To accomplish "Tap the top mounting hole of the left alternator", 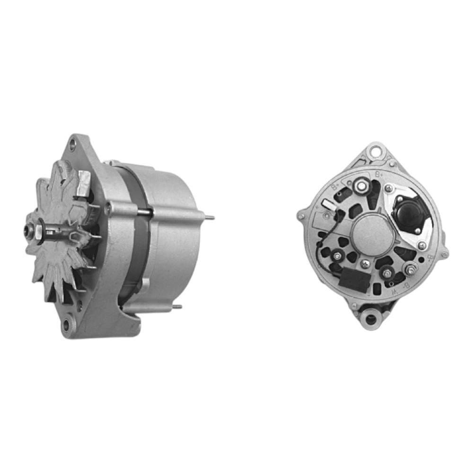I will click(x=72, y=144).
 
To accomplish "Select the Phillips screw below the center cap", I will click(x=364, y=264).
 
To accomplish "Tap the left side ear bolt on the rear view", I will click(x=301, y=216).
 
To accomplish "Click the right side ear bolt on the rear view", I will click(x=444, y=255).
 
